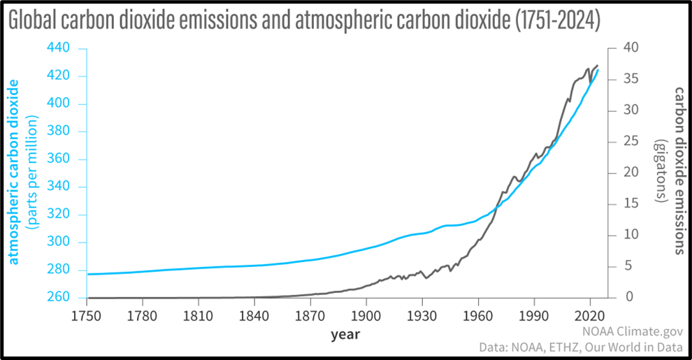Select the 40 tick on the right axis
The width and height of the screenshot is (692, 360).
631,48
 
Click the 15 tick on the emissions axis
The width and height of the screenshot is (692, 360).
631,204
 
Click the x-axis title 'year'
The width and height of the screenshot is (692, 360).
345,334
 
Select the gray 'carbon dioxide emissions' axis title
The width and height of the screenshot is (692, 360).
678,171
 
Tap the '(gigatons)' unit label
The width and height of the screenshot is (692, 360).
659,171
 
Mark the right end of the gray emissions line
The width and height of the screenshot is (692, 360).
598,66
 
